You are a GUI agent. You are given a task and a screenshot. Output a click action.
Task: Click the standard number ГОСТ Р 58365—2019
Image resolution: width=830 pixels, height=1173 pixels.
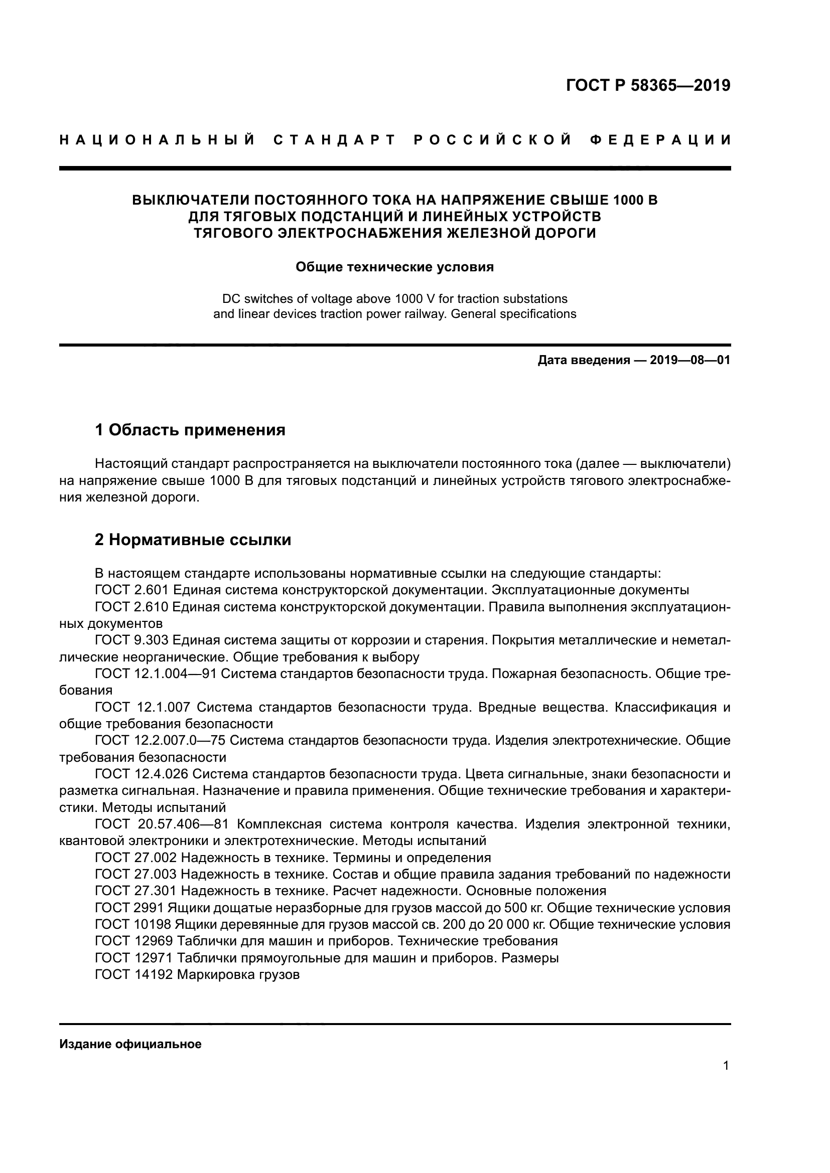point(648,85)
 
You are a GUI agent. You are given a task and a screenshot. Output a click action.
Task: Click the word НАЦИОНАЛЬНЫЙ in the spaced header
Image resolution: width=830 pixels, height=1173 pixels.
point(158,140)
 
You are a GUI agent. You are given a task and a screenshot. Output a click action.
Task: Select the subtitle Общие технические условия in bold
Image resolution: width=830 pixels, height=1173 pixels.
point(394,267)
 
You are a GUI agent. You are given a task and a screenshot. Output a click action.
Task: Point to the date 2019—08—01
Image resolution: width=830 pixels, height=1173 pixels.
point(690,360)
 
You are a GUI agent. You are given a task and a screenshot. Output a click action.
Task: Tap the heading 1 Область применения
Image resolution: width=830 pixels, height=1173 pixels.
point(190,430)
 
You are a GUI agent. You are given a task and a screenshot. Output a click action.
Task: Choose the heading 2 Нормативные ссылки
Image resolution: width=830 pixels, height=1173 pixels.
point(193,540)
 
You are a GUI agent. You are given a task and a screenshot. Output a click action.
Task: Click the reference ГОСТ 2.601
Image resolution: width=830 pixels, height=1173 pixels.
point(131,590)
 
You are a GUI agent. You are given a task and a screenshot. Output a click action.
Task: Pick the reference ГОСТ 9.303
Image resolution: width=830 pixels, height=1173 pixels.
point(131,640)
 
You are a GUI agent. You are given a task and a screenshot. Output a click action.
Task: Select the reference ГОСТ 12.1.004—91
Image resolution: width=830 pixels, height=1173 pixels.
point(156,674)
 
